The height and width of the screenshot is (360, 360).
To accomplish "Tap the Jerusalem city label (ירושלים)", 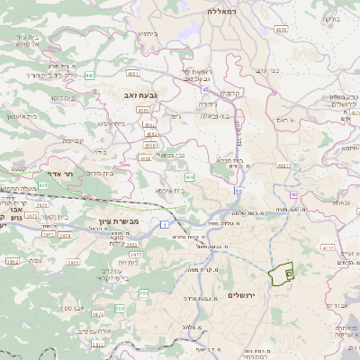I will point(242,295).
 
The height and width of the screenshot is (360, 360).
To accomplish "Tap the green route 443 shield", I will point(89,76).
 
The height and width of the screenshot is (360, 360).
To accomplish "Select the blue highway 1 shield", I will point(165,223).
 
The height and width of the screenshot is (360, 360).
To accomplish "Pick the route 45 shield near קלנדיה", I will point(205,90).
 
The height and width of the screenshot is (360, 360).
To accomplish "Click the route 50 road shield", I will point(238,191).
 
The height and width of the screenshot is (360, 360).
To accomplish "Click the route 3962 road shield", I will point(12,262).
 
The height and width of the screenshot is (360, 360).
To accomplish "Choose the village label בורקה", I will point(331,17).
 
